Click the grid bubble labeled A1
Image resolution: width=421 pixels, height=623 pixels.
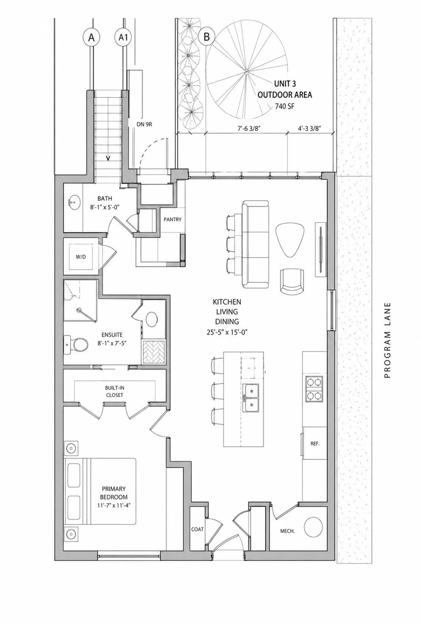(123, 38)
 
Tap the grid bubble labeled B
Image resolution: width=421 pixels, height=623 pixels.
(206, 36)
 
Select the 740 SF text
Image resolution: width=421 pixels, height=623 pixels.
(284, 106)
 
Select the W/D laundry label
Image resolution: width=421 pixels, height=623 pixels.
(81, 257)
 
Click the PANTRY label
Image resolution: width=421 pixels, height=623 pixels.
(173, 220)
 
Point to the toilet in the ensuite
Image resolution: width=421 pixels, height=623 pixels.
(78, 344)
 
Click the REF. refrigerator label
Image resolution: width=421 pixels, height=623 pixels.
(315, 444)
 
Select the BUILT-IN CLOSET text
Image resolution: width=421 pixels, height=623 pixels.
(114, 391)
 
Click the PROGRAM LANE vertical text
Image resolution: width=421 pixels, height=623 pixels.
(387, 340)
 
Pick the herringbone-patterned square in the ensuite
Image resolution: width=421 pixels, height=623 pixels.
(153, 352)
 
